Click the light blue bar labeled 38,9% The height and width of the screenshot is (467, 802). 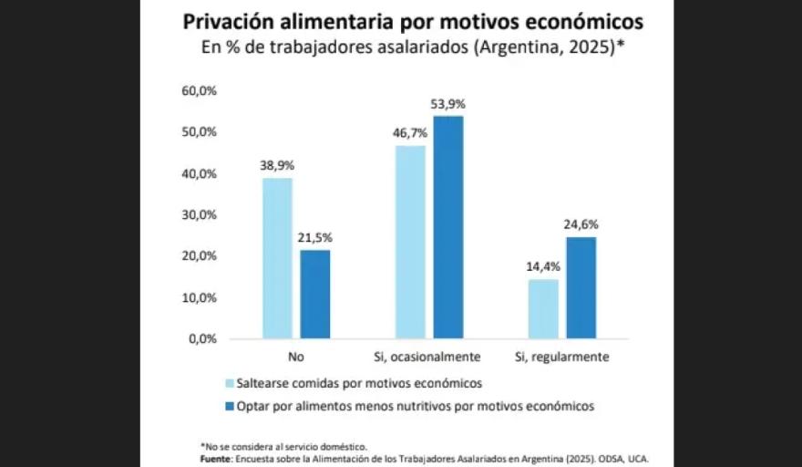click(277, 258)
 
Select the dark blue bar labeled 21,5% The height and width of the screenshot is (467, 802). click(314, 294)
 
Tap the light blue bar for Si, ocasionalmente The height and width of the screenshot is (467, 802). click(410, 242)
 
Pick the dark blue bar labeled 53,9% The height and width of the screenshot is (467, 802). click(447, 227)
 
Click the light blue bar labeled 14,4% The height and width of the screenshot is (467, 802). click(544, 308)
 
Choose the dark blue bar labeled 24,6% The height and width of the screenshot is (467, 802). click(581, 287)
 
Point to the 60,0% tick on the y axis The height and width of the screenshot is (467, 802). click(200, 91)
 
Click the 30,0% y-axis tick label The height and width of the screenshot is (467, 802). click(200, 215)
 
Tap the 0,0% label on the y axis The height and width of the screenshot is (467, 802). click(202, 338)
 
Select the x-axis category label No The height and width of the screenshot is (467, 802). click(295, 356)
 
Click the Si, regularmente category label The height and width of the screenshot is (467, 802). click(562, 356)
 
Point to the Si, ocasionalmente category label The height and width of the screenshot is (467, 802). click(428, 356)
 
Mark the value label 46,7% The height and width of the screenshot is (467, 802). click(409, 133)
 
